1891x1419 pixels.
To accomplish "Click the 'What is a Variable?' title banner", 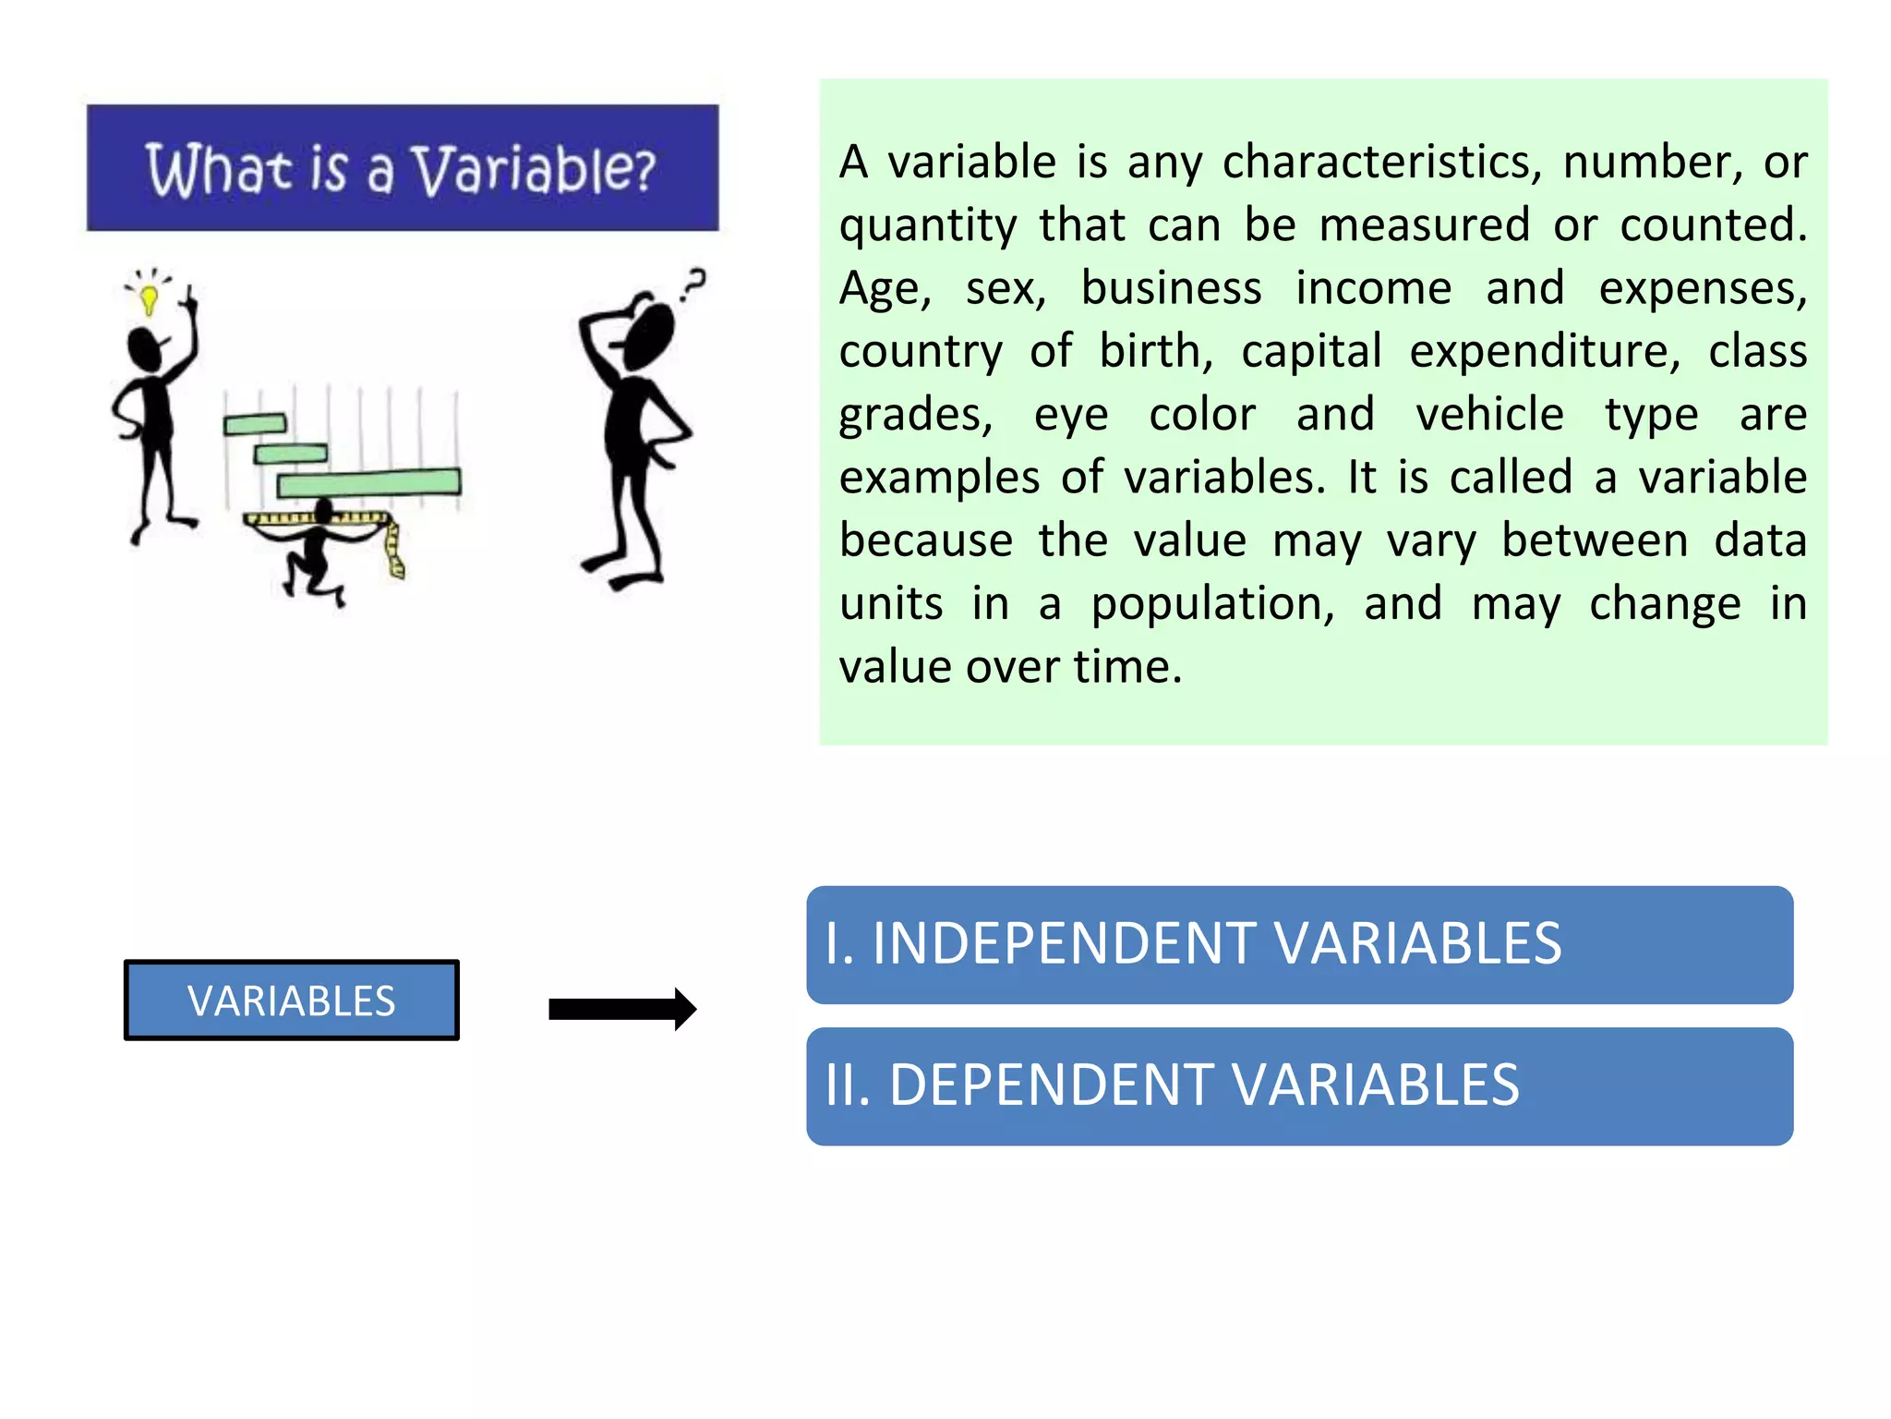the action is pos(403,167).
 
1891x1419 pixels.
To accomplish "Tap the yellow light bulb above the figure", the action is pos(149,297).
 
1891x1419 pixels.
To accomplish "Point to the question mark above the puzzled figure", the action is pos(693,283).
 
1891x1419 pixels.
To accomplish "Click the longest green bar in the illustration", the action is pos(369,482).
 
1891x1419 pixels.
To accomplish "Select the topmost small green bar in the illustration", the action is pos(255,424).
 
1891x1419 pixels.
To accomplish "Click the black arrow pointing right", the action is pos(621,1009).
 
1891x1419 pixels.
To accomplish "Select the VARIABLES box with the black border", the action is pos(292,1001).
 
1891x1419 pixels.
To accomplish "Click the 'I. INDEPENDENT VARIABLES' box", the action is pos(1299,944).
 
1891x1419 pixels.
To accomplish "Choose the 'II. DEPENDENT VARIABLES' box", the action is pos(1299,1086).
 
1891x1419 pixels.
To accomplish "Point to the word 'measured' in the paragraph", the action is pos(1424,225).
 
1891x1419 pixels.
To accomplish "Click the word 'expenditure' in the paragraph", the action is pos(1544,352).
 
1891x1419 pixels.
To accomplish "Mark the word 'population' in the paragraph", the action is pos(1212,604).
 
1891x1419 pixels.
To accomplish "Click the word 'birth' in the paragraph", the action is pos(1155,352).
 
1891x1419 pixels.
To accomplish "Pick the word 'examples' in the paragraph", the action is pos(938,479).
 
